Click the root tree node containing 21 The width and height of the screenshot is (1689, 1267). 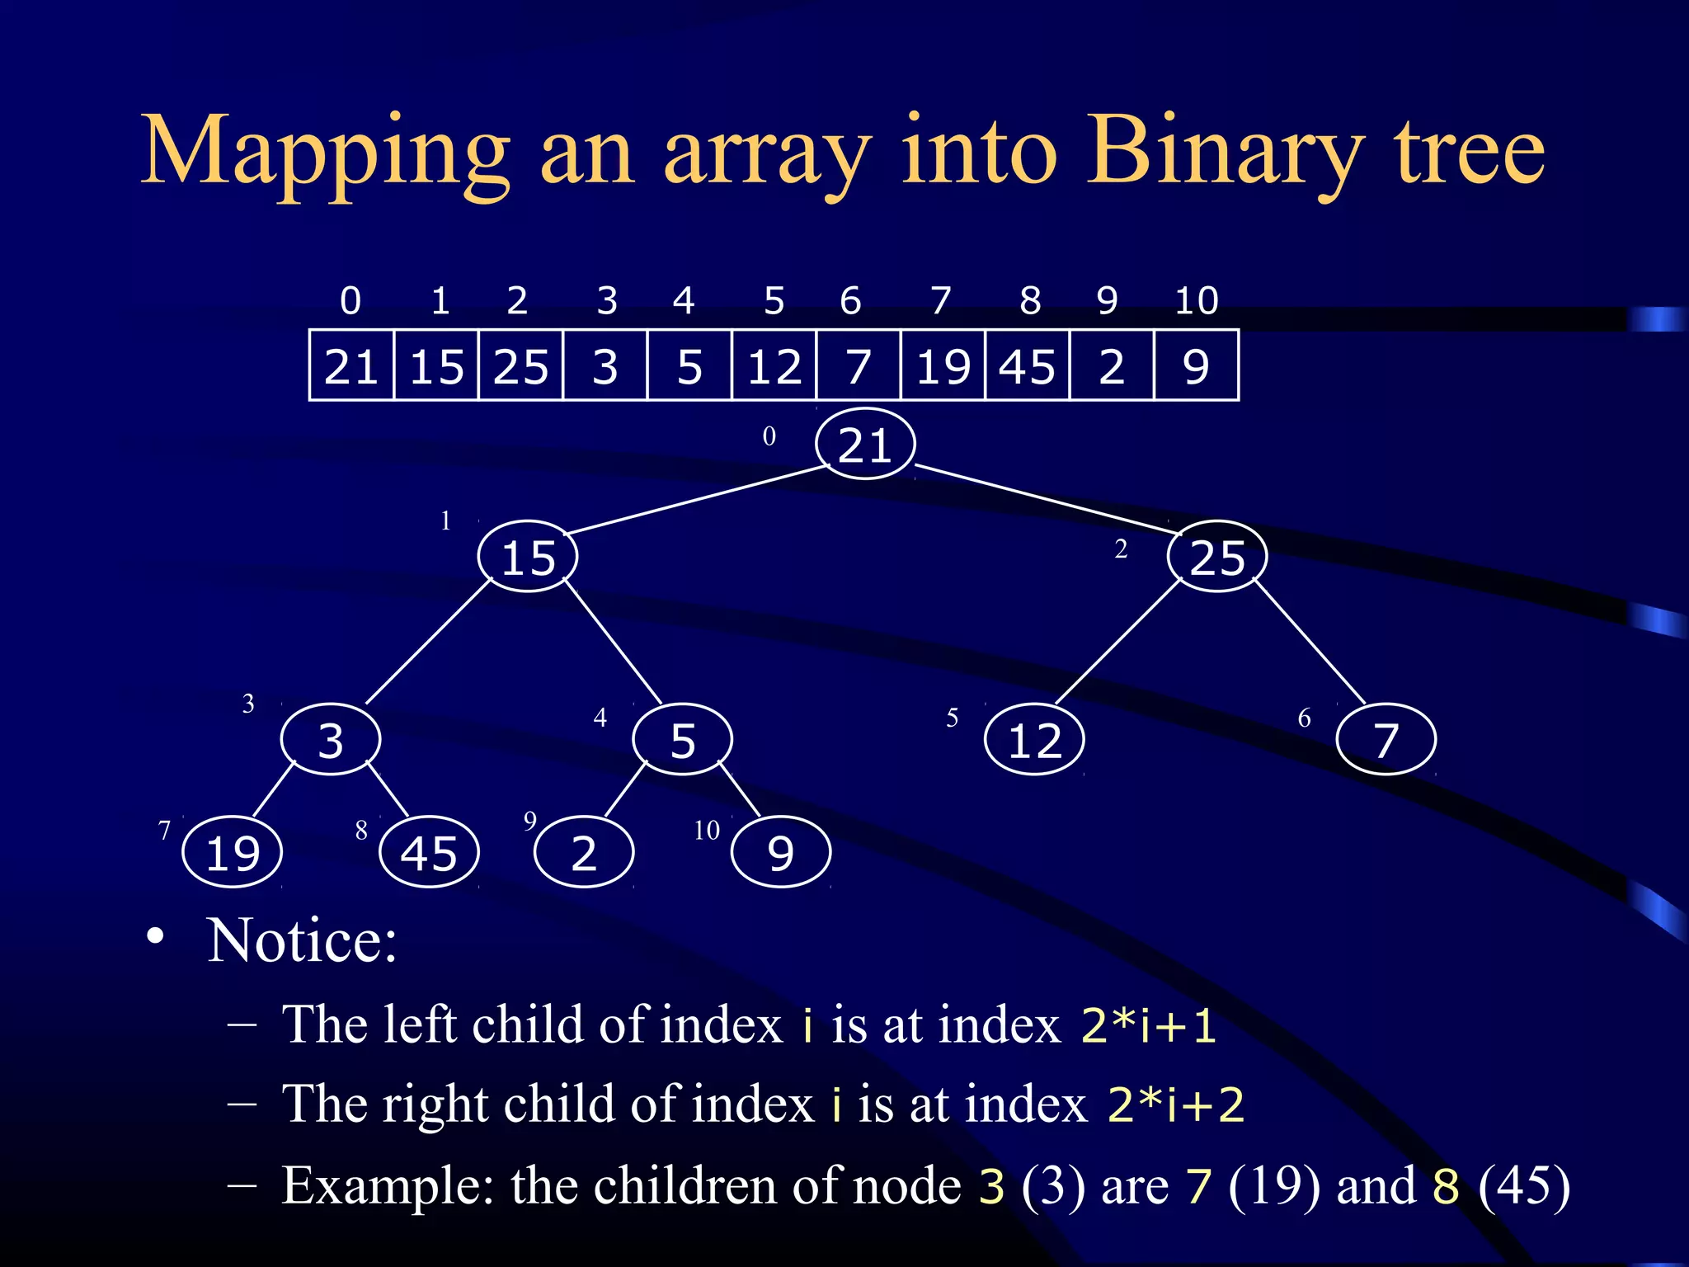click(865, 444)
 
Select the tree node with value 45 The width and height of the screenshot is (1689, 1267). click(429, 852)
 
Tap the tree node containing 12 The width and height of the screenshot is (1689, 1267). click(1034, 740)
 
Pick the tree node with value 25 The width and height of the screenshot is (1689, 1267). click(1217, 557)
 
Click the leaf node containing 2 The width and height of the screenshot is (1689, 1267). click(584, 852)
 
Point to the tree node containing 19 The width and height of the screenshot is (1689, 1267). click(233, 852)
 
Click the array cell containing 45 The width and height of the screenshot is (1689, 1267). click(1027, 365)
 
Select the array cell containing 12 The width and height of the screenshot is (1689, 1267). click(774, 365)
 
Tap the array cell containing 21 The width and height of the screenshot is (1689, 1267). click(351, 365)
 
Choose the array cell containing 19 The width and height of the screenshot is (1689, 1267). click(943, 365)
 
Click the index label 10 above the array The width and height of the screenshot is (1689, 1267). click(1197, 300)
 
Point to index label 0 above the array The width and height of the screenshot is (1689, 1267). click(351, 300)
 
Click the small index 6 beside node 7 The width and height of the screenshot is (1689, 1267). click(1304, 718)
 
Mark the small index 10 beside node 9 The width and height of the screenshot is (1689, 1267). click(707, 830)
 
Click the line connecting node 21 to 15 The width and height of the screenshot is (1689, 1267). click(697, 501)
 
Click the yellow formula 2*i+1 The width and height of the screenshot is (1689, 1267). click(1148, 1025)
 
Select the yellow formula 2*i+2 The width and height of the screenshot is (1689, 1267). click(1175, 1104)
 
